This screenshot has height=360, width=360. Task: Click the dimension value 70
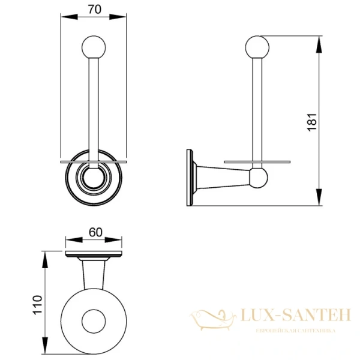pos(95,9)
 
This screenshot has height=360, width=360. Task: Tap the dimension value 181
pos(312,122)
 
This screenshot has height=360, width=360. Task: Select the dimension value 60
pos(95,232)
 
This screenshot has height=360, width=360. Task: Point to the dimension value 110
pos(37,305)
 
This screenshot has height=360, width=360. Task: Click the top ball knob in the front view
pos(94,47)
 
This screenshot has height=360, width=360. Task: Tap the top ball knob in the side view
pos(257,47)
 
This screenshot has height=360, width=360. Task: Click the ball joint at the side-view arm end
pos(259,178)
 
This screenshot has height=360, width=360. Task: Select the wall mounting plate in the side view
pos(190,178)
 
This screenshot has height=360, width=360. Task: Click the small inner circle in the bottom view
pos(94,321)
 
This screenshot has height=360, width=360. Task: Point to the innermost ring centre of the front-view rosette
pos(94,178)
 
